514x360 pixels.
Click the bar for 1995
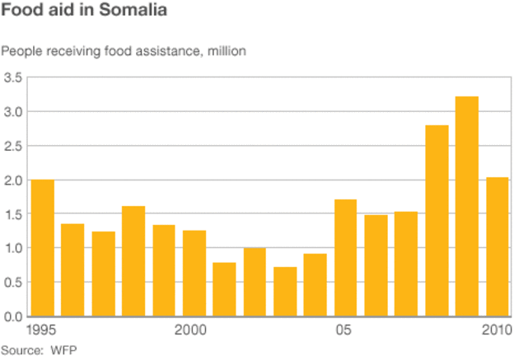point(42,248)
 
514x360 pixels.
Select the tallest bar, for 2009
point(466,206)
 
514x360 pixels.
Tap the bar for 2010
point(497,246)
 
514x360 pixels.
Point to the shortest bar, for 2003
point(285,292)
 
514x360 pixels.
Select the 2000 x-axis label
point(190,330)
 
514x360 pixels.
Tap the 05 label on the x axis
point(343,330)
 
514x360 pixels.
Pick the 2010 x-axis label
point(495,330)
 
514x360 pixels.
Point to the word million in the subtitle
point(226,51)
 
